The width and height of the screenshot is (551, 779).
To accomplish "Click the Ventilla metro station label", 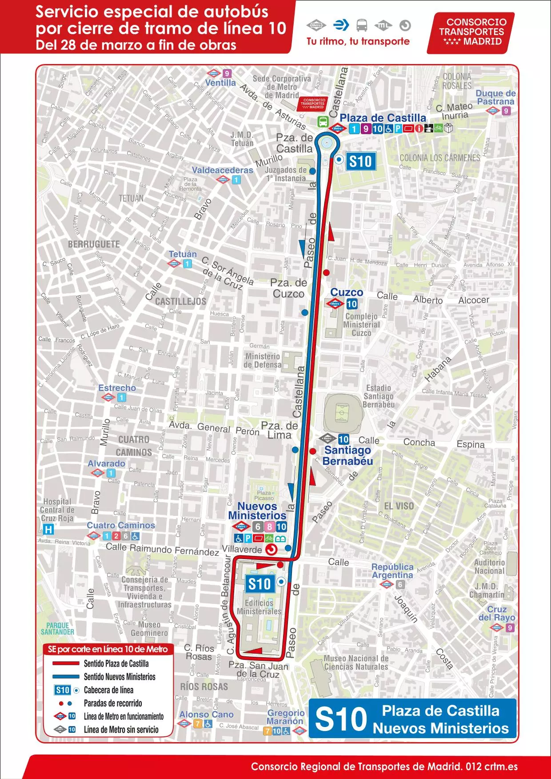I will pyautogui.click(x=220, y=83).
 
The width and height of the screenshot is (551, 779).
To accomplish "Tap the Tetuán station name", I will pyautogui.click(x=183, y=254).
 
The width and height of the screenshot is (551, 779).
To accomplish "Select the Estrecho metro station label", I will pyautogui.click(x=117, y=388).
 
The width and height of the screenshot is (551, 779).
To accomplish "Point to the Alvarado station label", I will pyautogui.click(x=106, y=463).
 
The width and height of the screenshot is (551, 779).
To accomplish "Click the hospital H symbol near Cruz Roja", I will pyautogui.click(x=48, y=529).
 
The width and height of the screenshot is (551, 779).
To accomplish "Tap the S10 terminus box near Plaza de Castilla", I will pyautogui.click(x=360, y=161).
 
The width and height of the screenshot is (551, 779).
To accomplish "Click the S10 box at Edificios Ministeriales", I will pyautogui.click(x=259, y=584).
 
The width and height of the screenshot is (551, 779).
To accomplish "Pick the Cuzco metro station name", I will pyautogui.click(x=347, y=292).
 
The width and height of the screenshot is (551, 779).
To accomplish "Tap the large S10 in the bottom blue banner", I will pyautogui.click(x=341, y=719).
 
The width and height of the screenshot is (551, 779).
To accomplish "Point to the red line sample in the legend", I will pyautogui.click(x=66, y=663).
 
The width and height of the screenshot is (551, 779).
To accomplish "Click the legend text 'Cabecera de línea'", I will pyautogui.click(x=108, y=690).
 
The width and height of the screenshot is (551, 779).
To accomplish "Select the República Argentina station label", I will pyautogui.click(x=392, y=571).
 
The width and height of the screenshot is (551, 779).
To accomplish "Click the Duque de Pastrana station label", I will pyautogui.click(x=495, y=97).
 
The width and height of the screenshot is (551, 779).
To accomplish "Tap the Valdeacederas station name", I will pyautogui.click(x=222, y=170).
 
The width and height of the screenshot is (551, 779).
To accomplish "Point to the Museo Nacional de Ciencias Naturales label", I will pyautogui.click(x=356, y=663).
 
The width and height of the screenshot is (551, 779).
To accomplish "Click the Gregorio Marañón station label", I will pyautogui.click(x=285, y=717).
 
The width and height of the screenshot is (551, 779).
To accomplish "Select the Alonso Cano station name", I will pyautogui.click(x=206, y=715).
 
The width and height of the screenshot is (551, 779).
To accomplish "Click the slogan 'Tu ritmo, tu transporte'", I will pyautogui.click(x=358, y=41).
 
